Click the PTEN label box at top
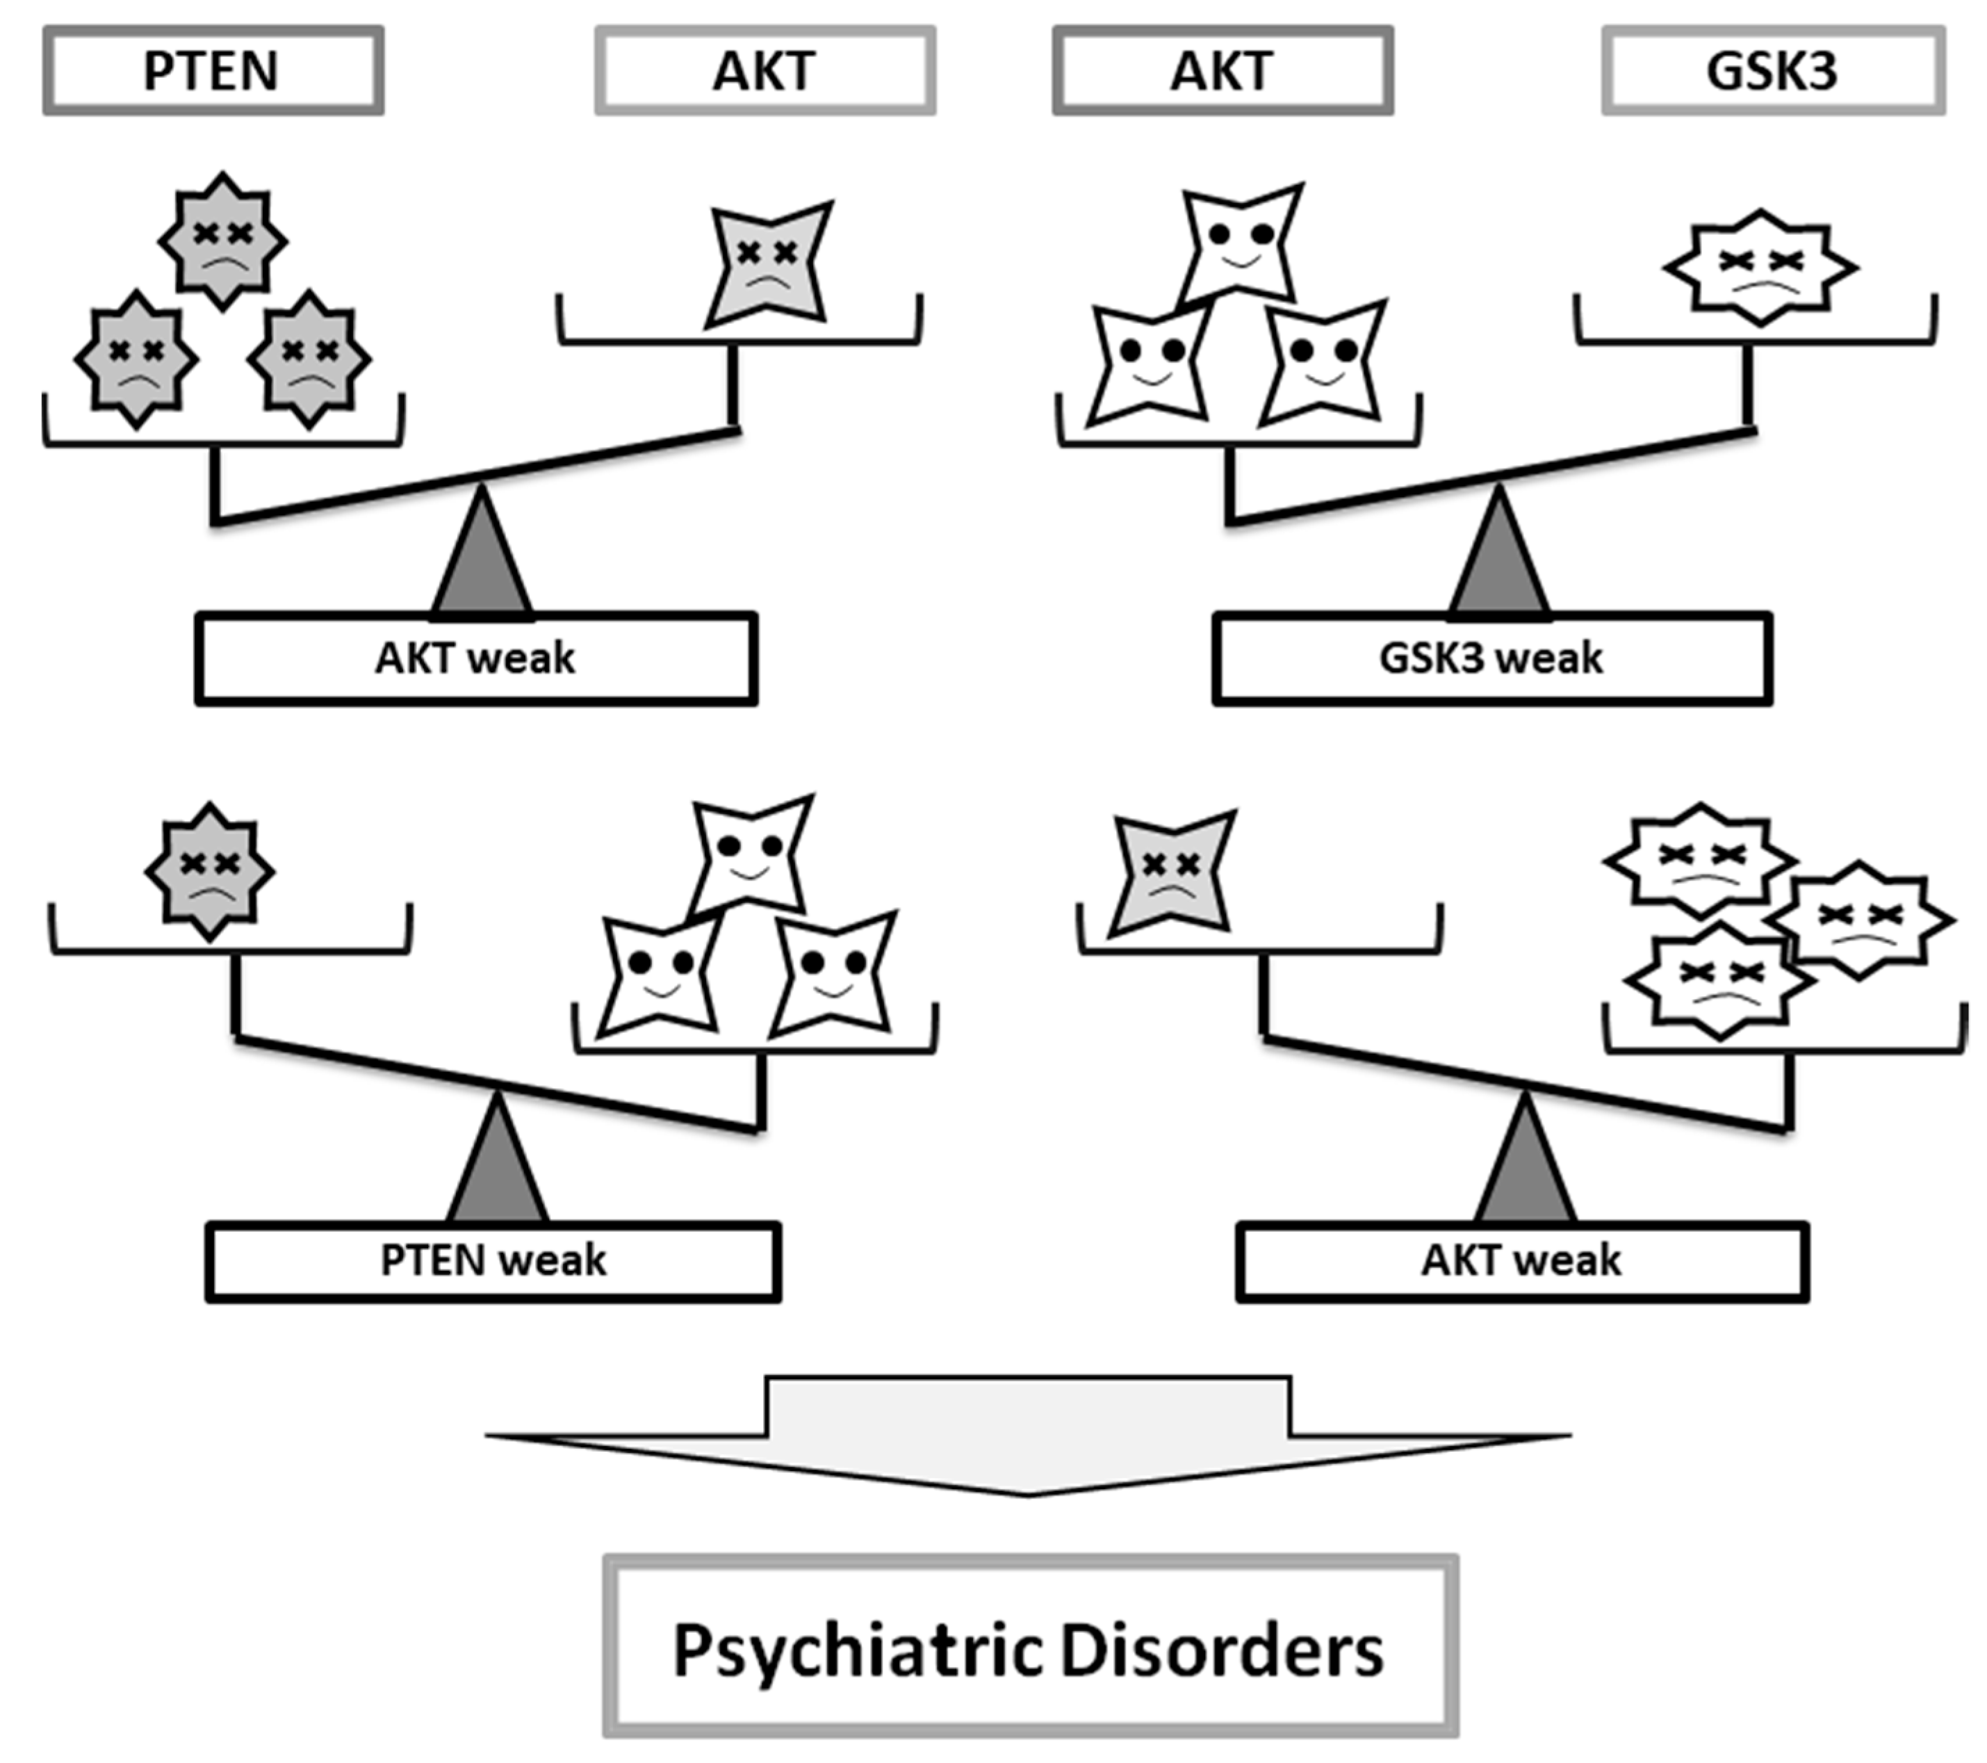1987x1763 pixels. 213,71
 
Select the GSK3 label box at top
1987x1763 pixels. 1772,71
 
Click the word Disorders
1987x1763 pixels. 1221,1651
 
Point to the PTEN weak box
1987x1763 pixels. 493,1261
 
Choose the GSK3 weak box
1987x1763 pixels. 1491,658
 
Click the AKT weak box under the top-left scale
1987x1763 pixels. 475,658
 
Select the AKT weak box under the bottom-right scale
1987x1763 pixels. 1521,1261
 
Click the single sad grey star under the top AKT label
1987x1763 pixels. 769,263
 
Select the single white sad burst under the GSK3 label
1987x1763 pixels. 1760,268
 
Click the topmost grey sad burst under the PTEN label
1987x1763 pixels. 222,241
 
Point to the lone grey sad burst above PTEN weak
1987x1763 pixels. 210,871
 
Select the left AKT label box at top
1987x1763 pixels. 765,71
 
